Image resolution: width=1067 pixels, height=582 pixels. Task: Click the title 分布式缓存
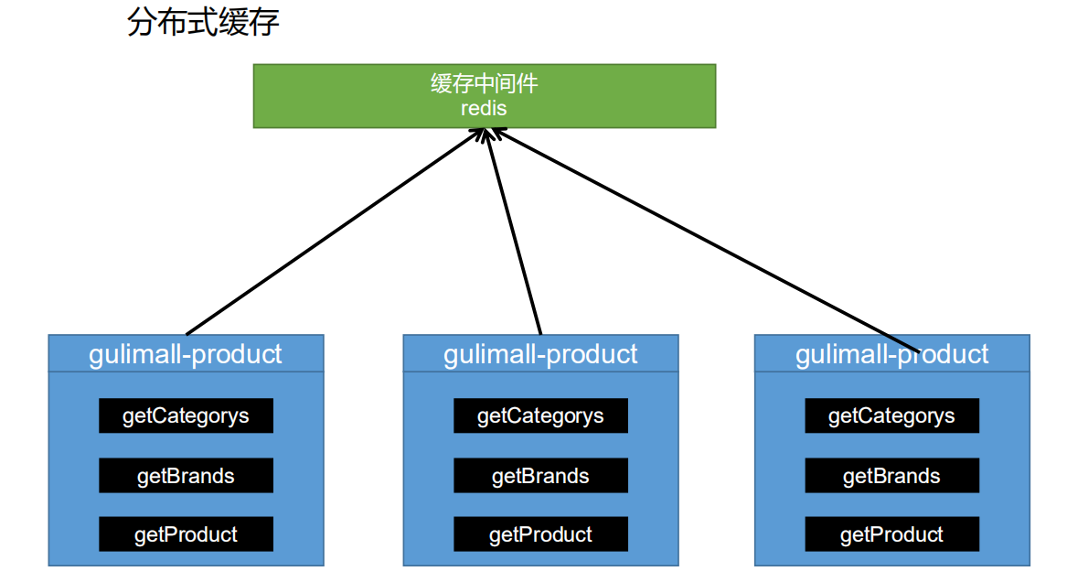coord(203,23)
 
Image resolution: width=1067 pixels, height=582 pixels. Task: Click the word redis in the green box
coord(484,108)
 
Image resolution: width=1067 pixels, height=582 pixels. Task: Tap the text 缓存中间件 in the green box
coord(484,84)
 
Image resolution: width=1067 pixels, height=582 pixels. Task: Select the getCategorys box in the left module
coord(186,416)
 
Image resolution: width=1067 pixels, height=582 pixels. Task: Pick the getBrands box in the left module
coord(186,476)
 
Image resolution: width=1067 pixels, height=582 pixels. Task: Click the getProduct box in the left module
coord(186,534)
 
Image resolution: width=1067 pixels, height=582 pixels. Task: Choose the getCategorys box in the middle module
coord(540,416)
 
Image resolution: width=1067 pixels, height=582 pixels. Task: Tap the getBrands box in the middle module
coord(540,476)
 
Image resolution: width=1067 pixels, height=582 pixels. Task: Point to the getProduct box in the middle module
coord(540,534)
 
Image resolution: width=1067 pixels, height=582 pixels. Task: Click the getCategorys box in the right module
coord(891,416)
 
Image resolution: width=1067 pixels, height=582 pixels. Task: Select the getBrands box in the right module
coord(891,476)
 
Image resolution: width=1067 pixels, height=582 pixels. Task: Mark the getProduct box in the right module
coord(891,534)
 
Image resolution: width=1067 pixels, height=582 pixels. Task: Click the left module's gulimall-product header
coord(186,354)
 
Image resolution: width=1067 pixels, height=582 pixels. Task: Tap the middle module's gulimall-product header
coord(540,354)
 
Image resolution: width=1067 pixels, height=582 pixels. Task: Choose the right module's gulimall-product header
coord(891,354)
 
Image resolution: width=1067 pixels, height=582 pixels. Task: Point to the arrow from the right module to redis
coord(704,240)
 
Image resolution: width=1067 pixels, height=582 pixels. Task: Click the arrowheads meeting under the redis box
coord(485,134)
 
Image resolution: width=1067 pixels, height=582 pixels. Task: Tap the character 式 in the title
coord(203,23)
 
